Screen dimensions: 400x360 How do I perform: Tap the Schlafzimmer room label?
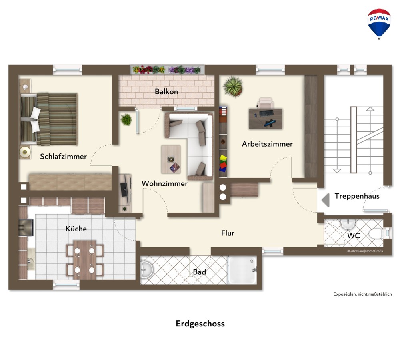tap(63, 156)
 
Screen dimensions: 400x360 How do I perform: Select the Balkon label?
tap(166, 91)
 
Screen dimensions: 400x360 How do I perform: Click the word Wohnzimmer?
tap(164, 183)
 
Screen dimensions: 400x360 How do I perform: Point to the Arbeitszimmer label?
tap(267, 144)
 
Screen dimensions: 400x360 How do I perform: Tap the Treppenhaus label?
tap(357, 196)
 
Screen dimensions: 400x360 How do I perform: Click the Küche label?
tap(76, 229)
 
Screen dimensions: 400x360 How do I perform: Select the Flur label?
tap(228, 233)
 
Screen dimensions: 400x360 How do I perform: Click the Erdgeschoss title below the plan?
tap(200, 324)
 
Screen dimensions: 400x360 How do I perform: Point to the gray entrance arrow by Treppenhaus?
tap(326, 200)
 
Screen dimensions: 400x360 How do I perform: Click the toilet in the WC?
tap(378, 233)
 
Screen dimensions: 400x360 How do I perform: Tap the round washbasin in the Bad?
tap(146, 270)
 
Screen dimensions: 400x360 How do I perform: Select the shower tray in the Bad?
tap(242, 270)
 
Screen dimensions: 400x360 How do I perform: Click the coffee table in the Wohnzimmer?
tap(171, 159)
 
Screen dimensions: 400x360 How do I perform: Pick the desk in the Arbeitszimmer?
tap(266, 119)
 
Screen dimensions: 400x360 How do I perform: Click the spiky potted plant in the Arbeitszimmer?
tap(233, 86)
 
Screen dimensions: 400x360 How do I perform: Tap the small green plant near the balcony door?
tap(126, 119)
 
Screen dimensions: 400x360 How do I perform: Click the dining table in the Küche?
tap(85, 259)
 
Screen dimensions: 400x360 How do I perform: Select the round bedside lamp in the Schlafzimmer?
tap(25, 152)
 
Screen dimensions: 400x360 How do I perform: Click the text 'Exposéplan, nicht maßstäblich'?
tap(362, 294)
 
